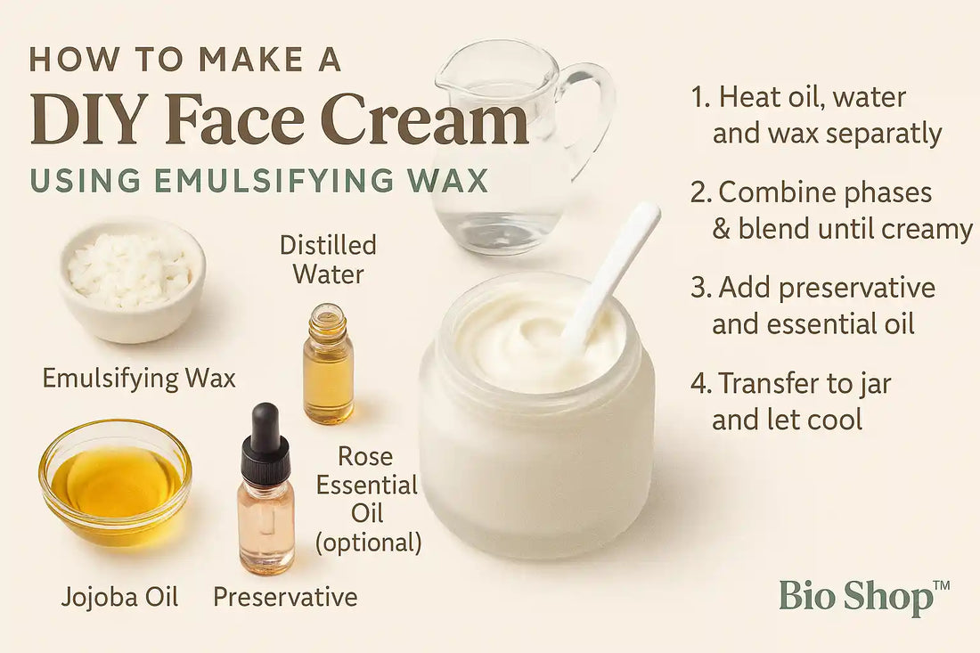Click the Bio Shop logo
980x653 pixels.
(864, 598)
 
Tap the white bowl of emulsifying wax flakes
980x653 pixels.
(133, 282)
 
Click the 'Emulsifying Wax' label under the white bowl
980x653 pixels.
(139, 378)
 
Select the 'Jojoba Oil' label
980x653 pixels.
(119, 597)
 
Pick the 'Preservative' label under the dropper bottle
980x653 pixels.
(285, 597)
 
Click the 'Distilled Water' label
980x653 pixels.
(328, 259)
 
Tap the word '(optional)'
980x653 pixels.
(368, 543)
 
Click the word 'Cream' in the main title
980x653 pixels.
(428, 118)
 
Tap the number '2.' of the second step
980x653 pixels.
(701, 192)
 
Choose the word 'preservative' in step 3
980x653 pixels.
(857, 289)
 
